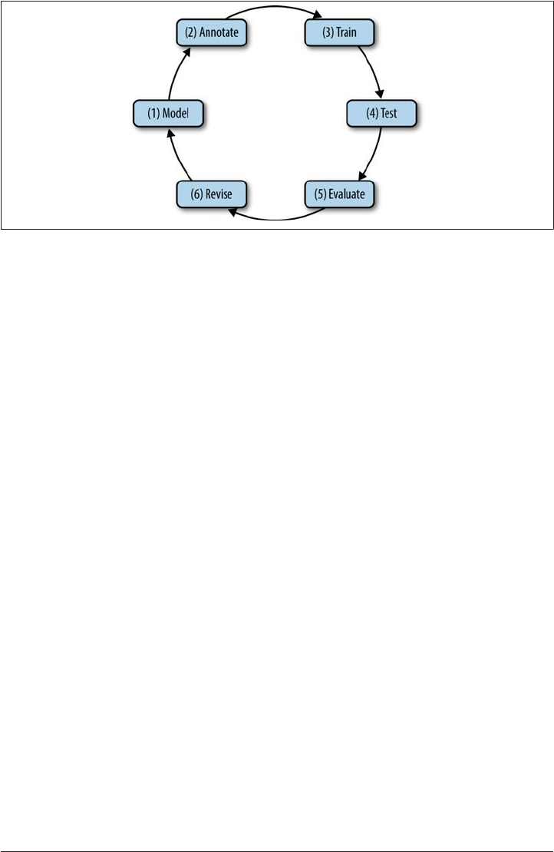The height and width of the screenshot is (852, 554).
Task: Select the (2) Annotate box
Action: click(x=209, y=35)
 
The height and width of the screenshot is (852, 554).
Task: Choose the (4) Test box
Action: click(x=381, y=114)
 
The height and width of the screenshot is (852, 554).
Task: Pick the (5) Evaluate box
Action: click(x=339, y=194)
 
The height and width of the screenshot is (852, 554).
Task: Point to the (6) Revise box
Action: click(x=210, y=194)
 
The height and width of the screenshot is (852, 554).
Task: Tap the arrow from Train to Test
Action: click(x=372, y=73)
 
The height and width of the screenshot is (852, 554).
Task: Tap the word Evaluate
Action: click(x=349, y=194)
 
